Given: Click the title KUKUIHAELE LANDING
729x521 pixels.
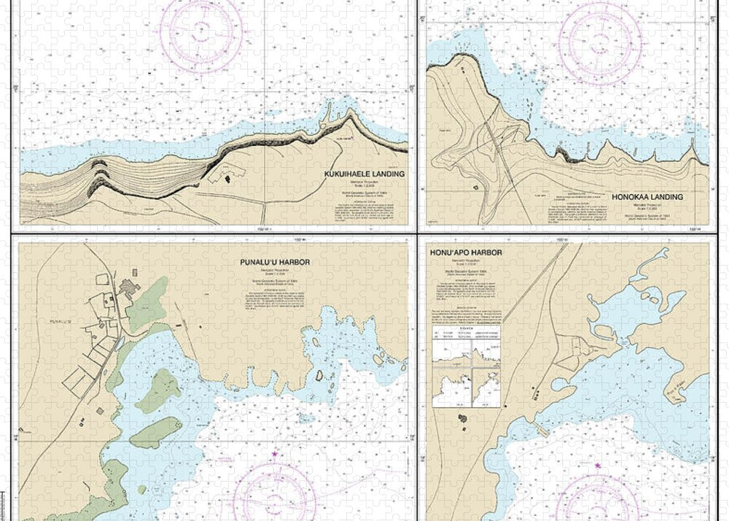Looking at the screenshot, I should pos(365,174).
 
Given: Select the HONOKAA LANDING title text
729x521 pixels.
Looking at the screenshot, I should pos(648,197).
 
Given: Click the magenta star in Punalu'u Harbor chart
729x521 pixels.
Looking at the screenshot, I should pos(274,455).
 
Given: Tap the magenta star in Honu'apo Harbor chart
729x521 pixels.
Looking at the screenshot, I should pos(598,465).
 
